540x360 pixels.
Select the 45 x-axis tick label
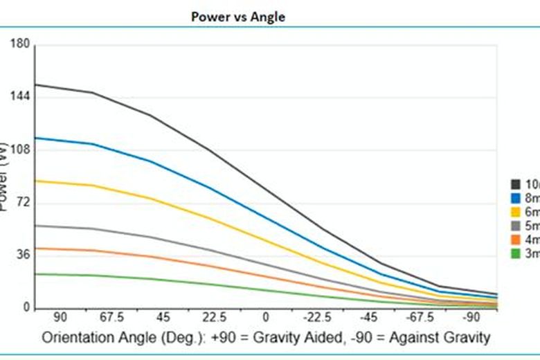163,318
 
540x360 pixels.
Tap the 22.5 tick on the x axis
215,318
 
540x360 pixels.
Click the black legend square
516,184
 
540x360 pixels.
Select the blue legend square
516,198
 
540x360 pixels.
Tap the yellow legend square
516,212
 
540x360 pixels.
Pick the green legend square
516,253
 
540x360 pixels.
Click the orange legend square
516,240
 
